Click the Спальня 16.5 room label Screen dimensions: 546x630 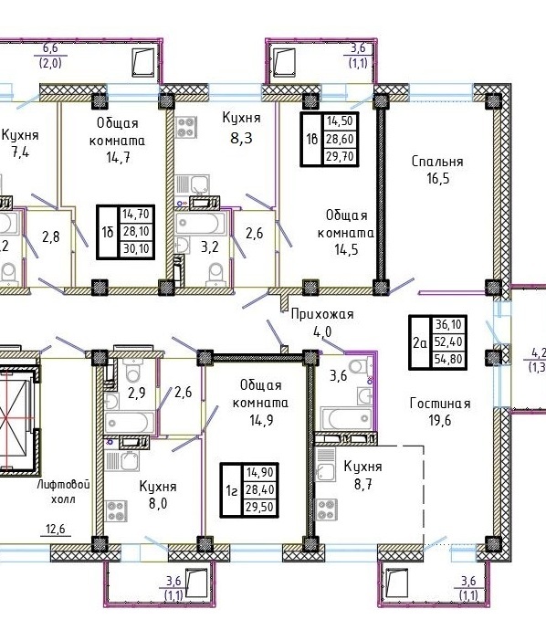coord(437,170)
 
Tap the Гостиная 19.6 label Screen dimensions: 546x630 coord(440,412)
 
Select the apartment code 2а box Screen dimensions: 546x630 coord(420,342)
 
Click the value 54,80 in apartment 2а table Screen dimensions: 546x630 coord(448,359)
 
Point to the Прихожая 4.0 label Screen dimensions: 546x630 coord(322,322)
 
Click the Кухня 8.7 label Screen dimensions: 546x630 coord(362,475)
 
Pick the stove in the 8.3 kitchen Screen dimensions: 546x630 coord(186,127)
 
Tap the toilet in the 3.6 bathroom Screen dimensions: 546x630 coord(360,368)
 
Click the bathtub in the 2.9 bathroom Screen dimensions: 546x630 coord(130,422)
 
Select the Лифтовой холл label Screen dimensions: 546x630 coord(64,492)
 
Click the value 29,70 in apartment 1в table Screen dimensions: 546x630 coord(340,156)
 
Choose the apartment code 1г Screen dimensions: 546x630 coord(231,490)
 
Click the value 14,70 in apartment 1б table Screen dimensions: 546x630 coord(136,214)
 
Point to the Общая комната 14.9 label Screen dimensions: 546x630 coord(261,403)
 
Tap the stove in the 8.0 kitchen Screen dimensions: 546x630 coord(116,511)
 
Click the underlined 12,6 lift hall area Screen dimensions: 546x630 coord(56,530)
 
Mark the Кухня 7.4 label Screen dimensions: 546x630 coord(20,143)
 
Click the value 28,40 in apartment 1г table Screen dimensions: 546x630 coord(260,489)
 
